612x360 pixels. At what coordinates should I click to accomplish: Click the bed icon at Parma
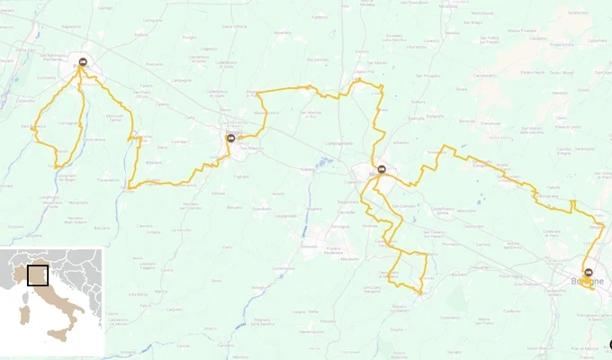pos(83,62)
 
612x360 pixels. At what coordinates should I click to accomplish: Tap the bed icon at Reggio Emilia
pos(231,138)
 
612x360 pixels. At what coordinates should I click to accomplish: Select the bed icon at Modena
pos(382,169)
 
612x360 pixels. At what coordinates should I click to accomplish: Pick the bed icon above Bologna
pos(589,272)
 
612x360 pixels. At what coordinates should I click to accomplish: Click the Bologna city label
pos(586,282)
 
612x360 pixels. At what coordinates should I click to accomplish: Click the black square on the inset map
pos(38,274)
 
